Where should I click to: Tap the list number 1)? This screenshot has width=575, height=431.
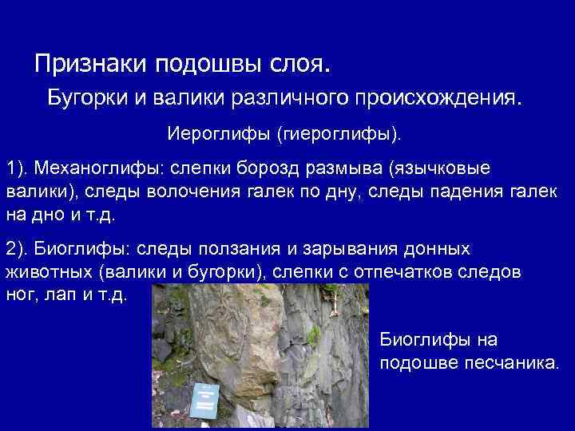coord(18,169)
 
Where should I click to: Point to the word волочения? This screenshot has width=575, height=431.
coord(182,192)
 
